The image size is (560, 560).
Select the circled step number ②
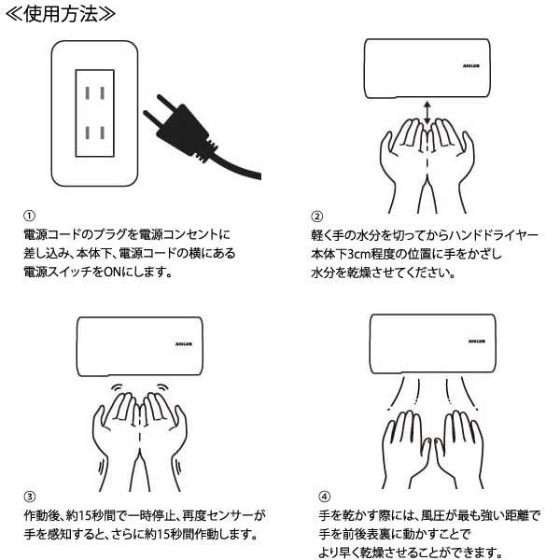tap(317, 214)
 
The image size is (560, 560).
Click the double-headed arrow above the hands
tap(427, 112)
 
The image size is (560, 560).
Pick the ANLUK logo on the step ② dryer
tap(469, 66)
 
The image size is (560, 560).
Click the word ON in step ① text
tap(122, 273)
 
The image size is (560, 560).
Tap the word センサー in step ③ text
tap(231, 515)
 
